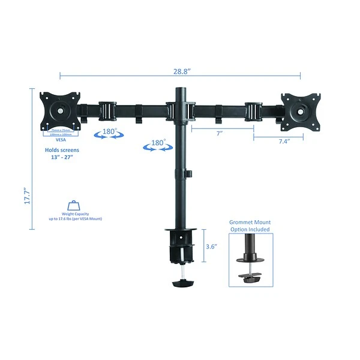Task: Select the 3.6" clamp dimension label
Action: coord(211,246)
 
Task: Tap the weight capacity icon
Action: coord(75,206)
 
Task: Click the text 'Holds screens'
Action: coord(62,150)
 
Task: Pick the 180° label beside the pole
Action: coord(158,143)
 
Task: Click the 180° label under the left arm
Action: coord(109,131)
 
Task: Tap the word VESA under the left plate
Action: coord(61,139)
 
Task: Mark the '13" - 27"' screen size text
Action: coord(62,158)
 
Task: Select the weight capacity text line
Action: coord(75,219)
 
